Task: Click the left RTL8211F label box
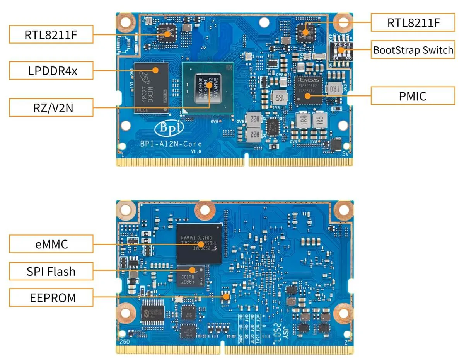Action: pos(51,35)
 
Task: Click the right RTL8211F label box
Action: pos(413,23)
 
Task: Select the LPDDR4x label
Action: pos(51,71)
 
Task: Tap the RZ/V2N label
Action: pos(51,107)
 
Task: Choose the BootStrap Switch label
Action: pos(413,50)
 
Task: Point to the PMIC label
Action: pos(413,96)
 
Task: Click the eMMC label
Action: pos(51,244)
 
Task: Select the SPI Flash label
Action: pos(51,272)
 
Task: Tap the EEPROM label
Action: pos(51,298)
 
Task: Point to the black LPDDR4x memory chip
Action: pos(152,88)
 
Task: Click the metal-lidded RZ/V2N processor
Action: pos(208,88)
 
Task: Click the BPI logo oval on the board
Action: pos(169,128)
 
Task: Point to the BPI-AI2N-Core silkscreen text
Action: pos(171,144)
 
